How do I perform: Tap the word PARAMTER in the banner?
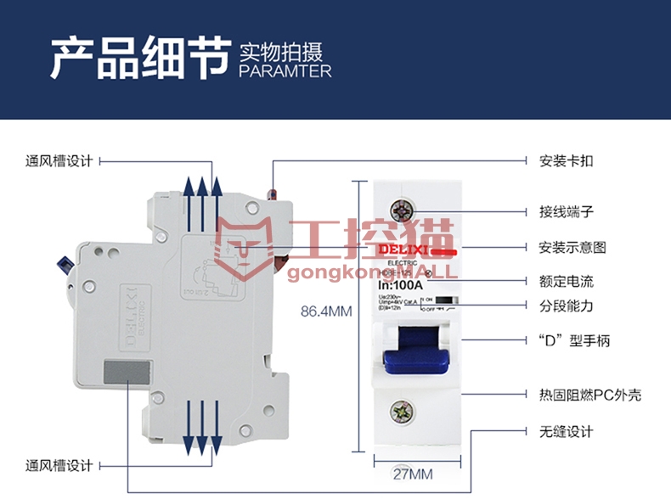click(285, 71)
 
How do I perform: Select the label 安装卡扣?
click(566, 160)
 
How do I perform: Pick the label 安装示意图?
click(572, 247)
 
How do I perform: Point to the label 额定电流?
click(566, 281)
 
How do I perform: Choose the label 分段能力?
click(566, 306)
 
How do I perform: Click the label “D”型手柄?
click(574, 341)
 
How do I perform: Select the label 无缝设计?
click(566, 432)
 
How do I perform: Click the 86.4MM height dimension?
click(326, 311)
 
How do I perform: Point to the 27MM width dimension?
click(412, 473)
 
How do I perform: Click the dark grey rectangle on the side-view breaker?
click(128, 373)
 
